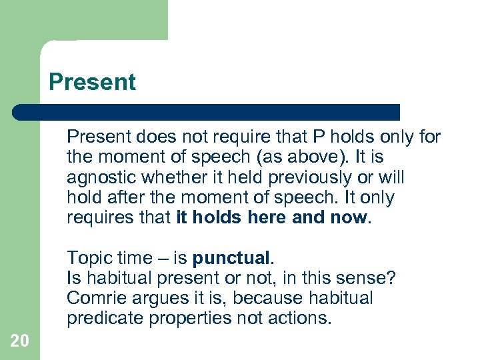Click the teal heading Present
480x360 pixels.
[92, 82]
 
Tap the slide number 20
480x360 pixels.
[19, 341]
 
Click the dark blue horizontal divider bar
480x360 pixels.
[207, 112]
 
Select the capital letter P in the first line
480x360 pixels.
[319, 137]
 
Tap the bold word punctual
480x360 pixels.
[230, 257]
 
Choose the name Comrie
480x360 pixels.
[91, 298]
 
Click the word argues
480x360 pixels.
[143, 298]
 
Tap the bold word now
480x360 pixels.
[349, 218]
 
